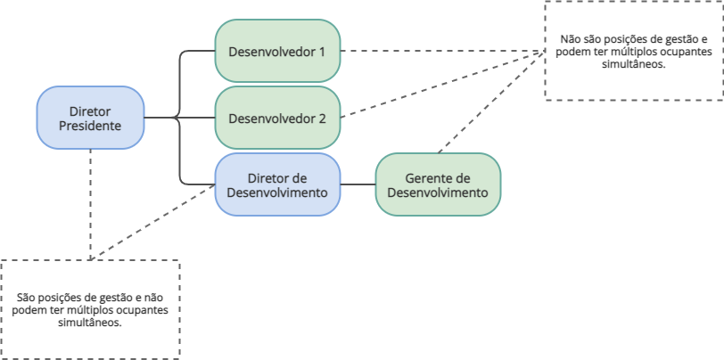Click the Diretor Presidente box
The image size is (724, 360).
90,118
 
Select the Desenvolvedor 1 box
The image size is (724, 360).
276,51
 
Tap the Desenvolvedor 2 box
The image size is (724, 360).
276,118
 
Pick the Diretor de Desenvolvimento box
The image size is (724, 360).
277,184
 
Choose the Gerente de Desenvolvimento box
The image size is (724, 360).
437,184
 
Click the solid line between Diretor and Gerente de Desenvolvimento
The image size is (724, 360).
358,184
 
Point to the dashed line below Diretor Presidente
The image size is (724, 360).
90,205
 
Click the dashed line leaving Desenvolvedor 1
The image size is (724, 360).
428,51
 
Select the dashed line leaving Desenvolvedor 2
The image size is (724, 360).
428,89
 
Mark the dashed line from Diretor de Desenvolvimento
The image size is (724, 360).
152,223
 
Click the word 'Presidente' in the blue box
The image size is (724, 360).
90,126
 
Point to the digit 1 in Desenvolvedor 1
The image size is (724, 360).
321,51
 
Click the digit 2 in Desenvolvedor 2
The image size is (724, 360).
321,118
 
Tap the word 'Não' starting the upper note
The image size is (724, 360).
569,40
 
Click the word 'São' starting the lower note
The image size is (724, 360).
27,298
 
